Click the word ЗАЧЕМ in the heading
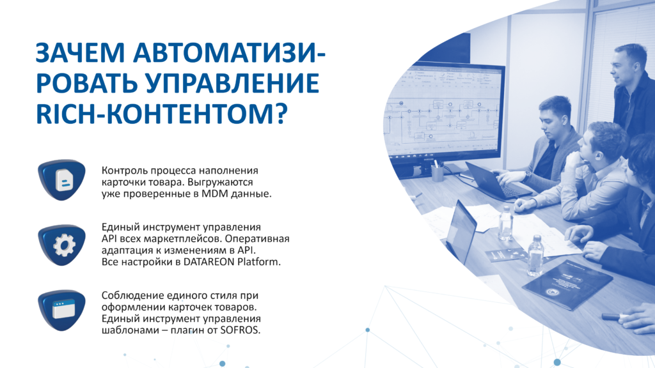coord(80,54)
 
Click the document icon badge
coord(62,180)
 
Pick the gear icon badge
coord(62,245)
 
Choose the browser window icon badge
coord(62,310)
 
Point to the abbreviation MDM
coord(212,194)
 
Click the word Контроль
coord(125,171)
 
